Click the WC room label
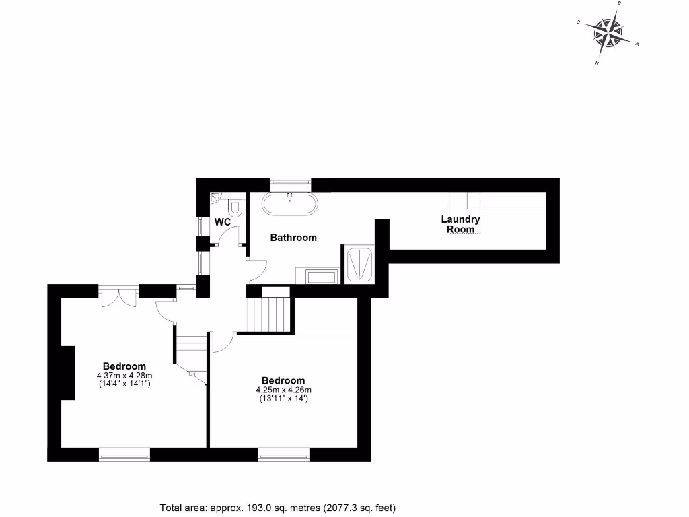[x=223, y=221]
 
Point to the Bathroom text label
[x=293, y=238]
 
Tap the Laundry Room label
[x=460, y=224]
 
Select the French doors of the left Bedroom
[x=118, y=296]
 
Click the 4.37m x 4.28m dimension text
[x=124, y=376]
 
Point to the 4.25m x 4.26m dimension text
[x=283, y=390]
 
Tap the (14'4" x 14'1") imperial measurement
[x=124, y=384]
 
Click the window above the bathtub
[x=290, y=182]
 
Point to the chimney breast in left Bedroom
[x=68, y=373]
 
